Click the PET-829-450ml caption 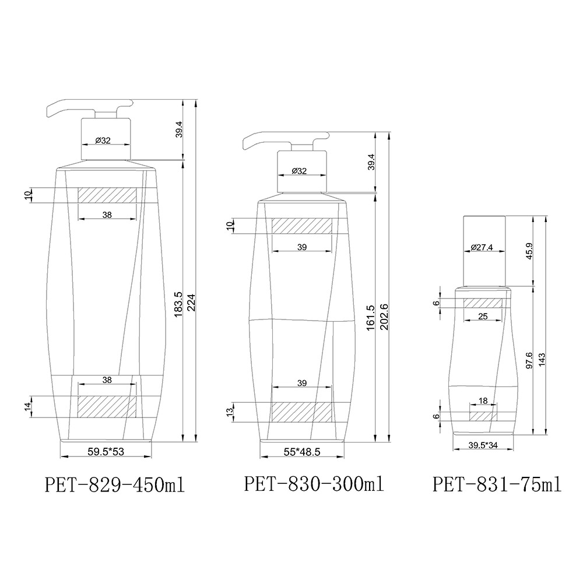coord(114,485)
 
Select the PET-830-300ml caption coord(314,484)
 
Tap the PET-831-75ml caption coord(497,484)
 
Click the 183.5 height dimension coord(178,304)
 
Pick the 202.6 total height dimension coord(384,317)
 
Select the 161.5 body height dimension coord(371,318)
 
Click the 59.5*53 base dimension coord(106,451)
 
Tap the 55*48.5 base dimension coord(302,452)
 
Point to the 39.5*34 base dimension coord(483,445)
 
